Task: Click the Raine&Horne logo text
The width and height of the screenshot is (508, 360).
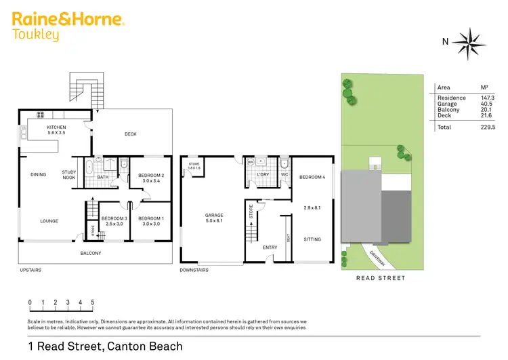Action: click(x=68, y=19)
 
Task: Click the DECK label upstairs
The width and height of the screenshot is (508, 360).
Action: click(x=131, y=134)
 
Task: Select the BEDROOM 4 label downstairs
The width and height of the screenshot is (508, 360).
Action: click(x=312, y=177)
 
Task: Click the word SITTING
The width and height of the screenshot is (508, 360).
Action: click(x=312, y=239)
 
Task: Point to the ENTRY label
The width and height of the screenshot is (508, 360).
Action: click(x=270, y=247)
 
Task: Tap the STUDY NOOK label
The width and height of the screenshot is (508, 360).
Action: click(x=68, y=174)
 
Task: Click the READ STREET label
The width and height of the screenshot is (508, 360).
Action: click(x=380, y=278)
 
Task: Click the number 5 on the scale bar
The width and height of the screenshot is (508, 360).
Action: click(x=93, y=302)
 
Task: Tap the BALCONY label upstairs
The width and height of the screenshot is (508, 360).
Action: click(x=90, y=254)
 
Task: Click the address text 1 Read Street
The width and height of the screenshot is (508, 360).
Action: click(x=105, y=346)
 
